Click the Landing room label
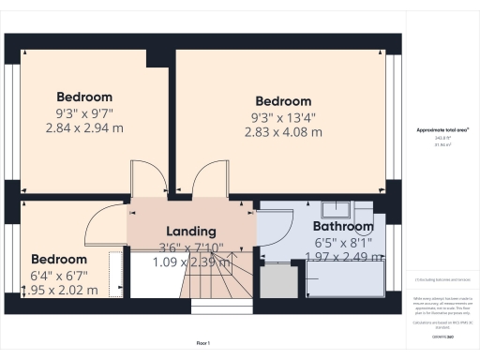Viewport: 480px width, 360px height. click(191, 232)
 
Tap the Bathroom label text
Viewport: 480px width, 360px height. click(343, 226)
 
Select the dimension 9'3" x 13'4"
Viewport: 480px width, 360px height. click(283, 117)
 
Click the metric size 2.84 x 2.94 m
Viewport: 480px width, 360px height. click(84, 127)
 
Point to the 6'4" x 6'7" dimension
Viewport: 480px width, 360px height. click(59, 276)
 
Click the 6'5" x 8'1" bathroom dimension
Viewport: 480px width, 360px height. click(343, 241)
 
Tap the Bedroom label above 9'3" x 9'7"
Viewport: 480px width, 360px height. click(84, 97)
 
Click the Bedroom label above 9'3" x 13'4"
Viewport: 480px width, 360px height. click(283, 101)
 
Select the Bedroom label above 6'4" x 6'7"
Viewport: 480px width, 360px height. click(59, 260)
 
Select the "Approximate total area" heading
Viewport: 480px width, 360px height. click(443, 129)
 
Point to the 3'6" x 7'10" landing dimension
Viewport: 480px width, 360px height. click(191, 247)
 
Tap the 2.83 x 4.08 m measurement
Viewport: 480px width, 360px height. click(283, 132)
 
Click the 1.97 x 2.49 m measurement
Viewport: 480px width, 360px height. click(343, 256)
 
